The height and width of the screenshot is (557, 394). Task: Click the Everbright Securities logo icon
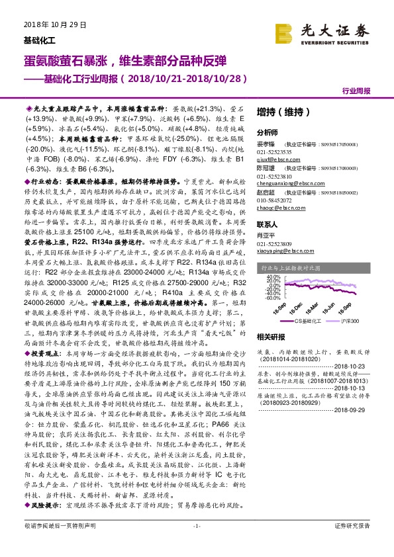coord(286,32)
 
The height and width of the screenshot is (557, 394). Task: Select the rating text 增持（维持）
coord(279,113)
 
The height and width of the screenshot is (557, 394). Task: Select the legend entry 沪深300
coord(351,320)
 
